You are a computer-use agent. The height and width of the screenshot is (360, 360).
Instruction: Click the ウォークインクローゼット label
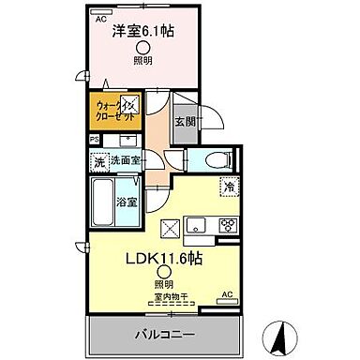[114, 113]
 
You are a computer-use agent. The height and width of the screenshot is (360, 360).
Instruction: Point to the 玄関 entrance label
[185, 121]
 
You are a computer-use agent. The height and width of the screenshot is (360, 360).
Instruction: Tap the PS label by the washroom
[94, 140]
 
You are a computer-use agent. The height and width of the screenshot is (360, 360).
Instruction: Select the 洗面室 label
[125, 161]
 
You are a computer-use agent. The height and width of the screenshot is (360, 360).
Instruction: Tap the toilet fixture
[208, 159]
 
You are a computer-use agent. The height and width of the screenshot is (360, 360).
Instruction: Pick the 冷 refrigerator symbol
[228, 187]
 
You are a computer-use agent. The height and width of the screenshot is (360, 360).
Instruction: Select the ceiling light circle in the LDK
[164, 273]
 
